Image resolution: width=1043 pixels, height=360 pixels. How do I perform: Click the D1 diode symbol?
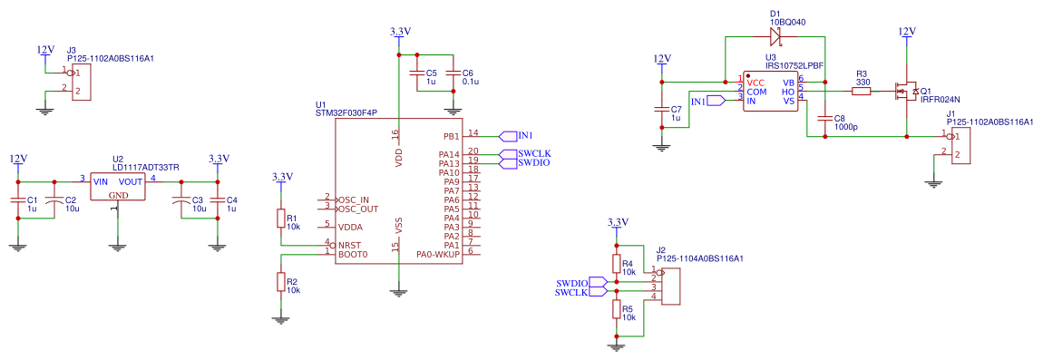[776, 37]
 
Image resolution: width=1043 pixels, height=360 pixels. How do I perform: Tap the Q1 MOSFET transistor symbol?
[906, 91]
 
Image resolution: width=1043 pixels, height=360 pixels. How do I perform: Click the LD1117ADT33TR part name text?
[146, 167]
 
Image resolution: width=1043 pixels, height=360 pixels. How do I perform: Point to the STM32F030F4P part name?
[346, 113]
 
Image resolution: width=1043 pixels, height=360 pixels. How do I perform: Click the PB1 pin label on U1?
[450, 136]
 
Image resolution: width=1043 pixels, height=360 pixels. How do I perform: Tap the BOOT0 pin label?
[352, 254]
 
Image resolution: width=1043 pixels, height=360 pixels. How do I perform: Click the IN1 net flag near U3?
[715, 101]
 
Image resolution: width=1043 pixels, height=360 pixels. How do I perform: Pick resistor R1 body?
[281, 219]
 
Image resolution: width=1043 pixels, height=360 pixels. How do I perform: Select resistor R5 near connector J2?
[617, 310]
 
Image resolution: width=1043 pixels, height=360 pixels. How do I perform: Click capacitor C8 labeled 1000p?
[824, 118]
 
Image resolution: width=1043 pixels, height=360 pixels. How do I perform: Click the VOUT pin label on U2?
[131, 180]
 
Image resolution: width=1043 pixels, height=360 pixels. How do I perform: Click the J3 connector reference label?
[72, 50]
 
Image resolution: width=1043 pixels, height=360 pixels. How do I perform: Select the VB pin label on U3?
[788, 83]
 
